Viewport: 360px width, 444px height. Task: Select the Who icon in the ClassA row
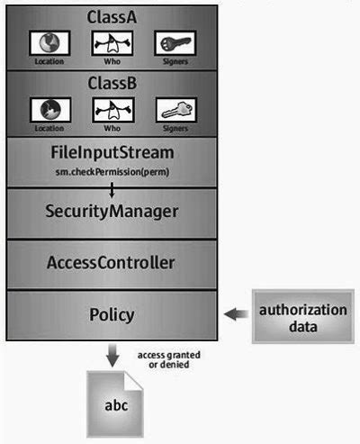[112, 42]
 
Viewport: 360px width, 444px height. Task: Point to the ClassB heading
[112, 82]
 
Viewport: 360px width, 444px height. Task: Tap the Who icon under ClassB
[112, 109]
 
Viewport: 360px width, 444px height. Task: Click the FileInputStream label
[112, 152]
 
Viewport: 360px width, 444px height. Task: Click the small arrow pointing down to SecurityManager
[112, 189]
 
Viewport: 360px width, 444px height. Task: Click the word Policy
[112, 314]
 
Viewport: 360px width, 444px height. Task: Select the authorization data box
[302, 318]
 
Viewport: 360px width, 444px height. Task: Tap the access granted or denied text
[169, 360]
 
